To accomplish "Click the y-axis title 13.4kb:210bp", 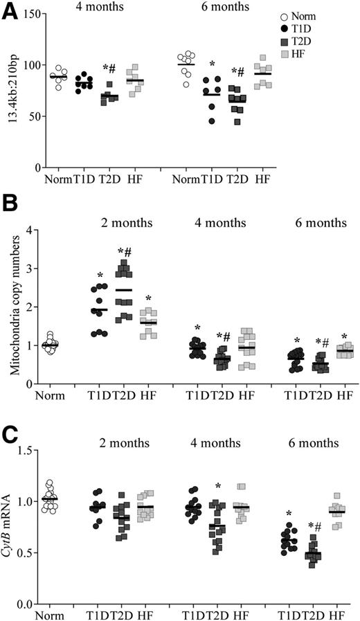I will coord(10,91).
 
